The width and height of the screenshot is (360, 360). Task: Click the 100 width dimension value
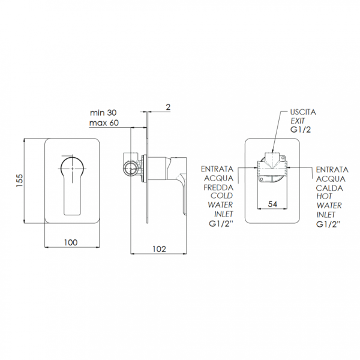click(x=71, y=242)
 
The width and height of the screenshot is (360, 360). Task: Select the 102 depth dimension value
click(x=160, y=249)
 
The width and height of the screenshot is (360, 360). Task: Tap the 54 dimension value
click(x=272, y=204)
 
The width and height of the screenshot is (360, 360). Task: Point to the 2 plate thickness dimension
click(x=168, y=107)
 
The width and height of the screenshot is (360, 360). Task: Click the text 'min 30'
click(x=103, y=113)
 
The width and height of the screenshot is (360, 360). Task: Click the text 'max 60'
click(x=104, y=123)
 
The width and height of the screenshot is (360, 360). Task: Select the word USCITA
click(x=303, y=112)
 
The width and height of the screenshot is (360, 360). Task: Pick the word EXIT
click(x=298, y=121)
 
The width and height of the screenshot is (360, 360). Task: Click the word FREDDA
click(x=218, y=187)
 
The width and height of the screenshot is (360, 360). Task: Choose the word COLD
click(x=222, y=196)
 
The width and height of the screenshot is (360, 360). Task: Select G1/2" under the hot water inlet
click(x=328, y=224)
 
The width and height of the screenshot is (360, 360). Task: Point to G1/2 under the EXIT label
click(x=301, y=130)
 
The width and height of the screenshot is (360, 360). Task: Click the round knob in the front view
click(x=72, y=167)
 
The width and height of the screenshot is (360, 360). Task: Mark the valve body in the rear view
click(x=272, y=169)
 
